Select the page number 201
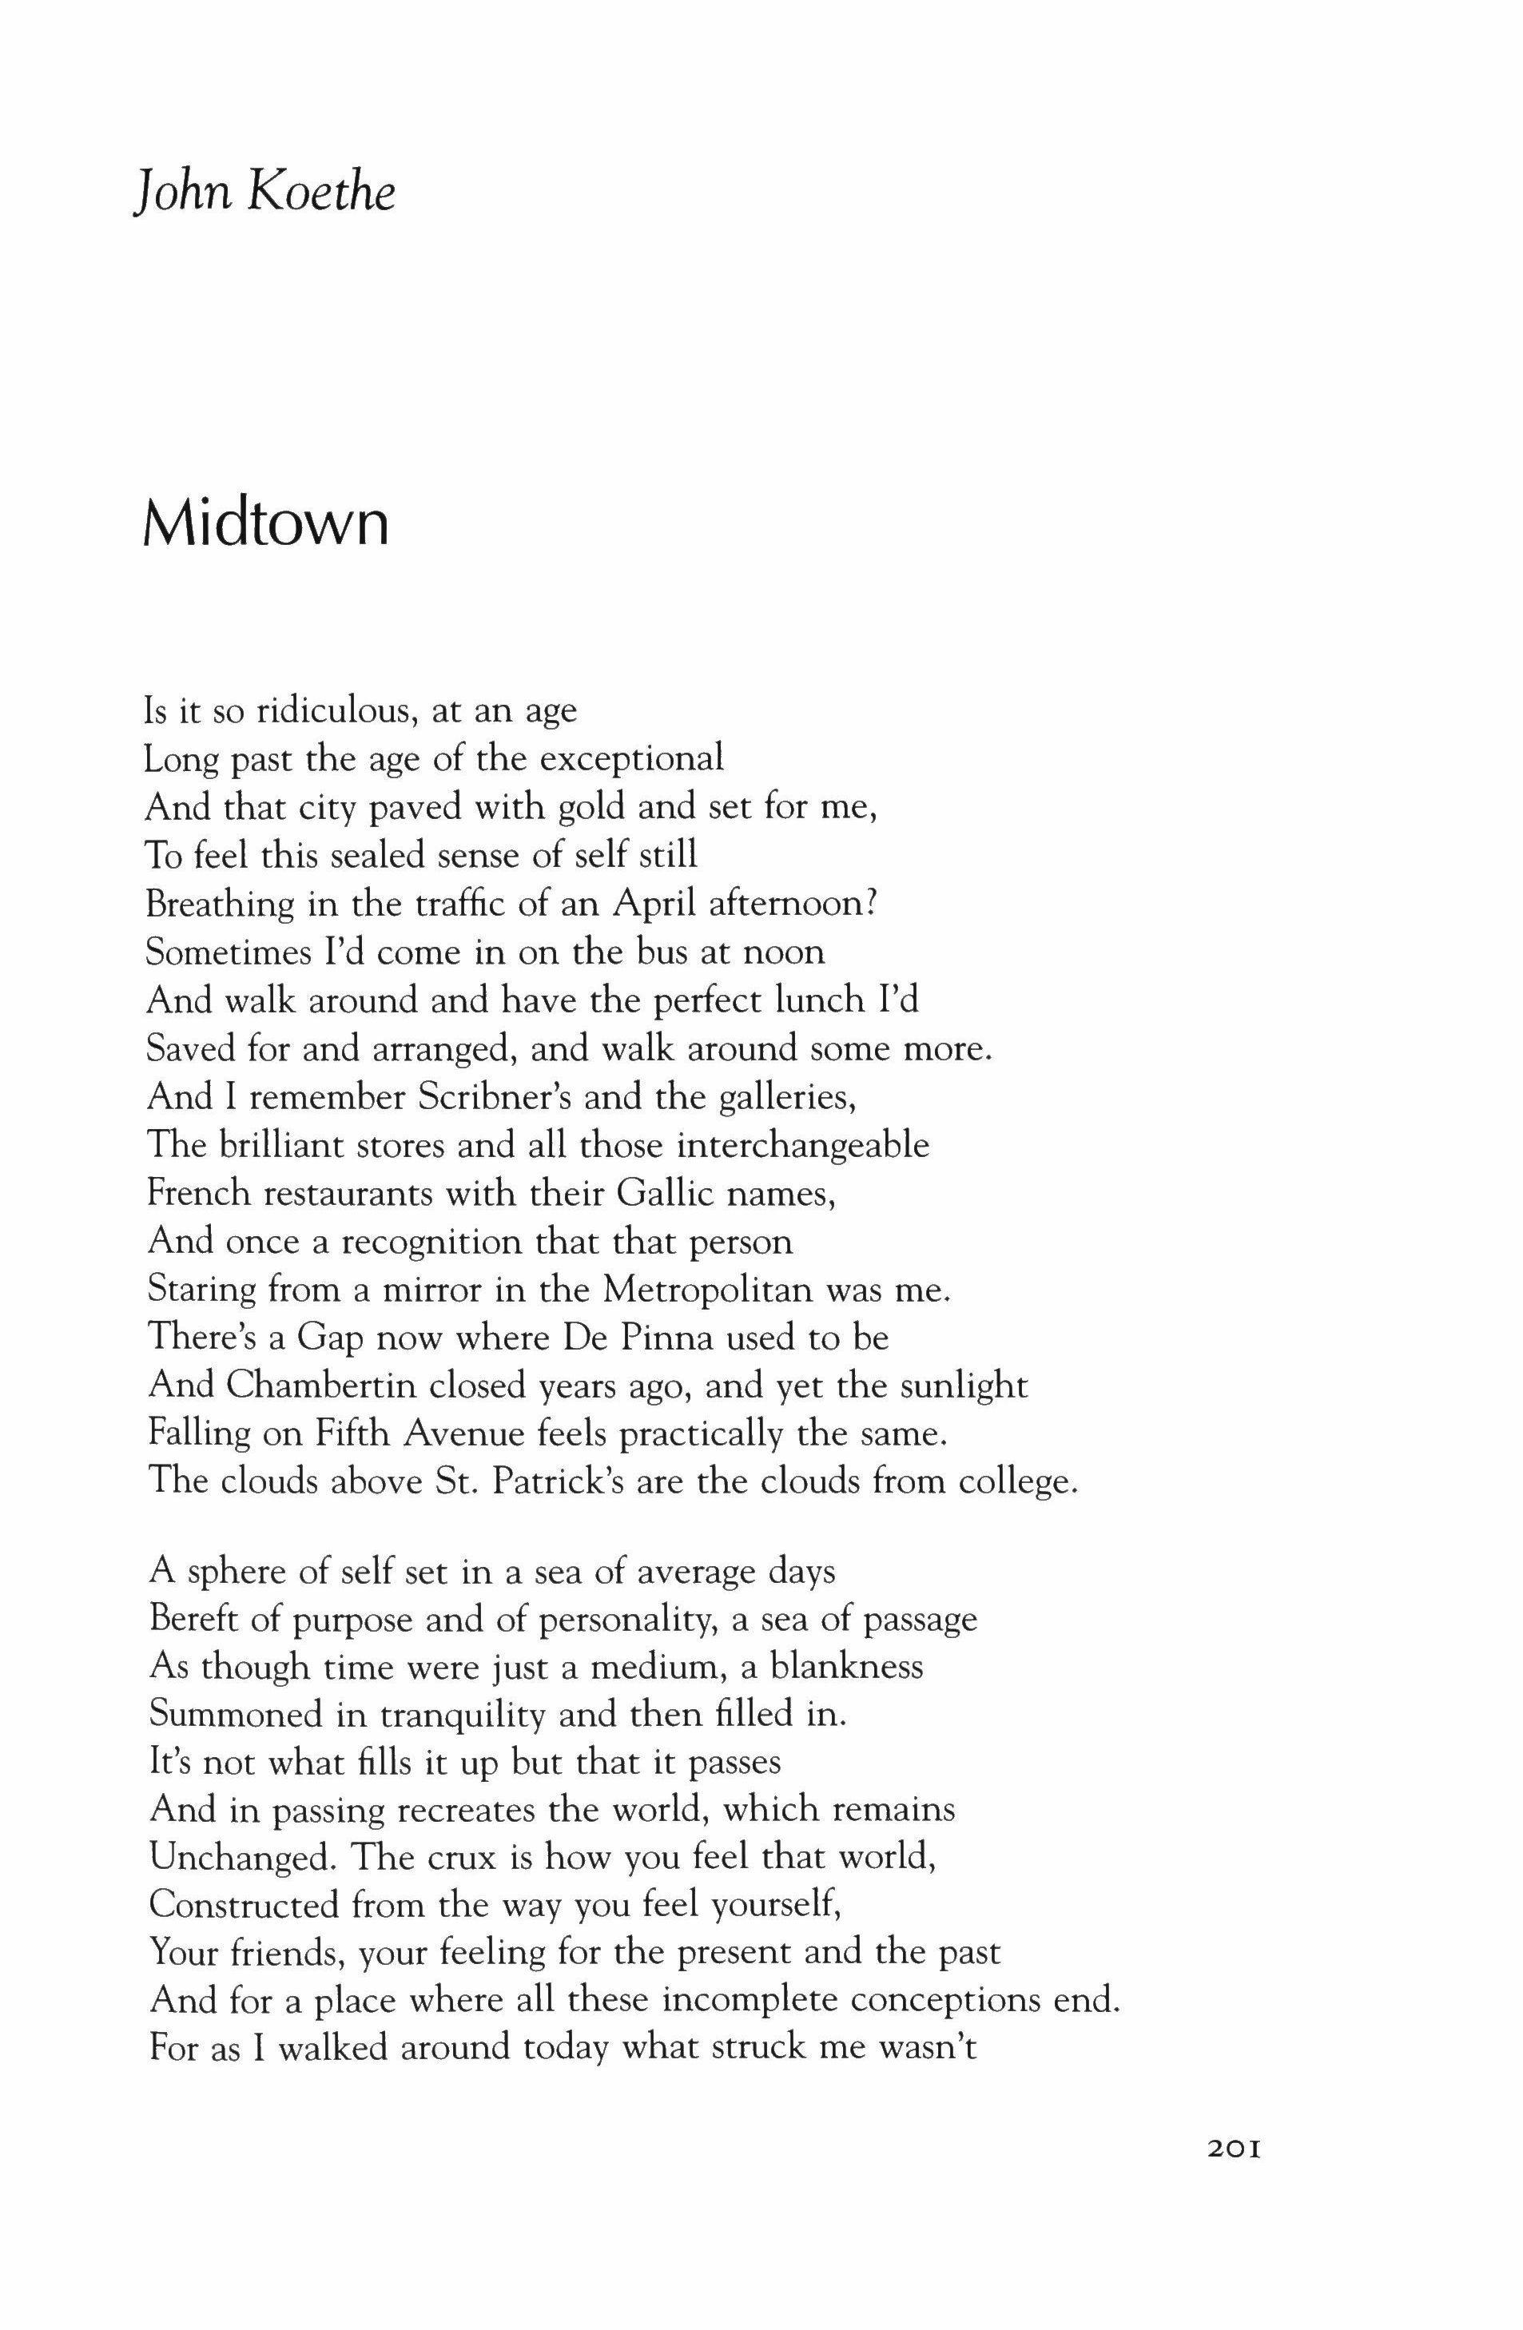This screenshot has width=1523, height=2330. click(1223, 2200)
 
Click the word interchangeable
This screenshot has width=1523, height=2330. click(802, 1144)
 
